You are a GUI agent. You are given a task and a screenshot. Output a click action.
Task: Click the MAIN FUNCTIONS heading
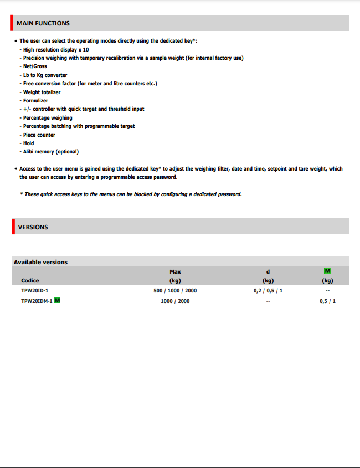coord(43,23)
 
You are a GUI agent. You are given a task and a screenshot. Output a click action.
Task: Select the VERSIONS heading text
coord(33,227)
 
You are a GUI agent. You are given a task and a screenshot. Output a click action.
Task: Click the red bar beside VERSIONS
coord(12,227)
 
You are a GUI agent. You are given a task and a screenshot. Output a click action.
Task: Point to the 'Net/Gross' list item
coord(35,66)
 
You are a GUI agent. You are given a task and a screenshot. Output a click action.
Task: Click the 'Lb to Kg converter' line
coord(45,75)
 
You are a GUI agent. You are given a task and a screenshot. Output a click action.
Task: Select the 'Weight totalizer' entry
coord(42,92)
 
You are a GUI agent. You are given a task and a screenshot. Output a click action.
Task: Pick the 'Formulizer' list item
coord(35,101)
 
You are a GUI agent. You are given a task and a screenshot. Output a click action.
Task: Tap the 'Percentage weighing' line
coord(48,118)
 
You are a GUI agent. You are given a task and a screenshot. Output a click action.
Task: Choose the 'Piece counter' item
coord(39,135)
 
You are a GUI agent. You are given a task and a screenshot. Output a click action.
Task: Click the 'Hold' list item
coord(28,143)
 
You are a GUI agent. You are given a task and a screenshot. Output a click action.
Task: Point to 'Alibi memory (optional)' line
coord(50,152)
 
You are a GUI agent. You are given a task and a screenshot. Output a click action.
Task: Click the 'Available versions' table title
coord(40,262)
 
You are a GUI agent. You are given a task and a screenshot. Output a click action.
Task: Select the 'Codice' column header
coord(30,281)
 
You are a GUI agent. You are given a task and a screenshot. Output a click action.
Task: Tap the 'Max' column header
coord(175,271)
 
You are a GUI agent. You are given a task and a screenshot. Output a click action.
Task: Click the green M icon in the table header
coord(327,271)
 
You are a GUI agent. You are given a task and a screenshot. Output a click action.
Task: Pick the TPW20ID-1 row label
coord(34,291)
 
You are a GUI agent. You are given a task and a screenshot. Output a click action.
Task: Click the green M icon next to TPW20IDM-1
coord(58,301)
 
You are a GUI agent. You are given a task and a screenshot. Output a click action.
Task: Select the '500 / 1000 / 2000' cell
coord(175,291)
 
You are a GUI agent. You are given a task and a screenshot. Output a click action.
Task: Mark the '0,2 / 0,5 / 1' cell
coord(268,291)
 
